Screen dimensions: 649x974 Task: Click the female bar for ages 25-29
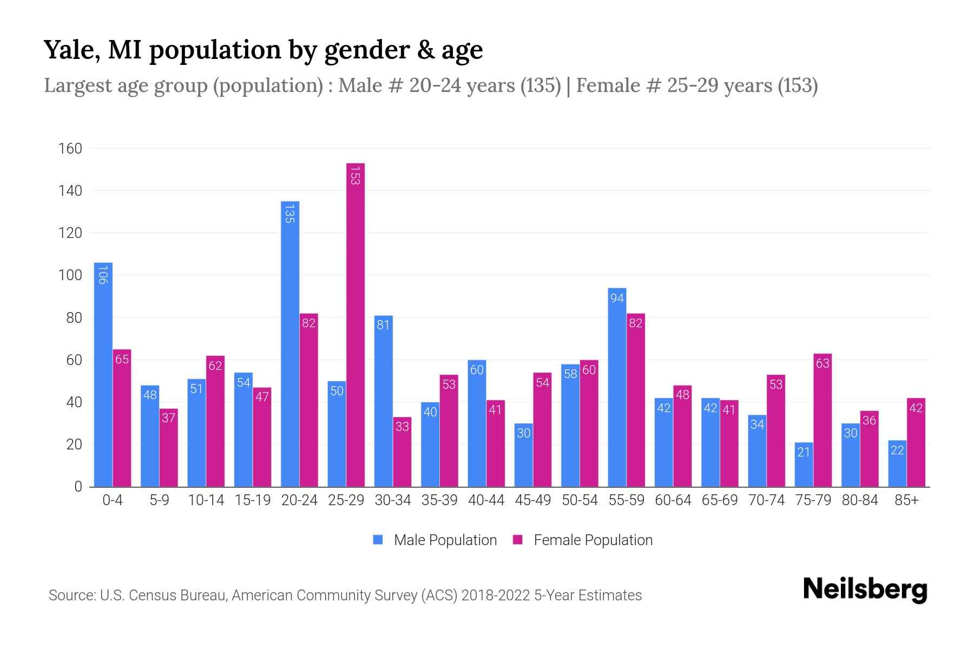356,325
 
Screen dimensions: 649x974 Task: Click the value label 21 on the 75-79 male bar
804,452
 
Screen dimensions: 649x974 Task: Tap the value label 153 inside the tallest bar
355,175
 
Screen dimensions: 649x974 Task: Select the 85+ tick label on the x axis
906,500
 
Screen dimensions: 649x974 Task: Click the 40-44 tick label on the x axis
486,500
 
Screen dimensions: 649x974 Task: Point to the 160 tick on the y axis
70,149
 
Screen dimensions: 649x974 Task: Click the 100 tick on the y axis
70,275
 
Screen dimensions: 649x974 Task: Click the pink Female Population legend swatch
518,540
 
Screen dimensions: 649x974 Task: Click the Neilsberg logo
865,590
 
